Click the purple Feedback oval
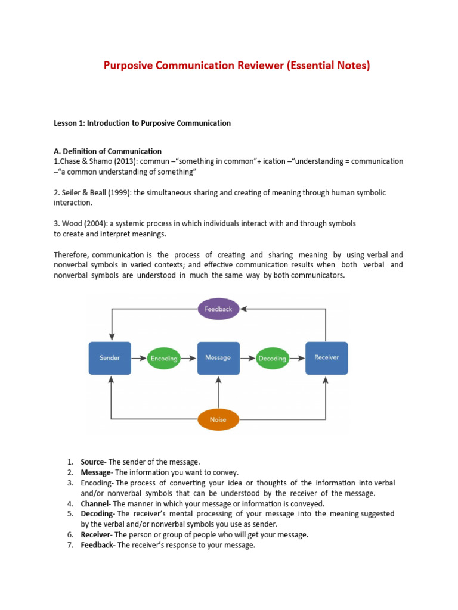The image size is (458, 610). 218,309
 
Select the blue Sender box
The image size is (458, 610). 110,358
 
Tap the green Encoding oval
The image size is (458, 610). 164,358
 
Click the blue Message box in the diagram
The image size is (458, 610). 218,358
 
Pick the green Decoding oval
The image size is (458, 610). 273,358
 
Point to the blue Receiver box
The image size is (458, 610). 326,358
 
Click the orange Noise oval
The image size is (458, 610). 218,419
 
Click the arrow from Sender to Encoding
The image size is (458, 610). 138,358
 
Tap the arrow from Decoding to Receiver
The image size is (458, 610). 296,358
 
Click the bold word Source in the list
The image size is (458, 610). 93,462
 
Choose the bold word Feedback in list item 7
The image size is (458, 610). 97,545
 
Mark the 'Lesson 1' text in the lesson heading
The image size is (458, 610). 69,123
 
